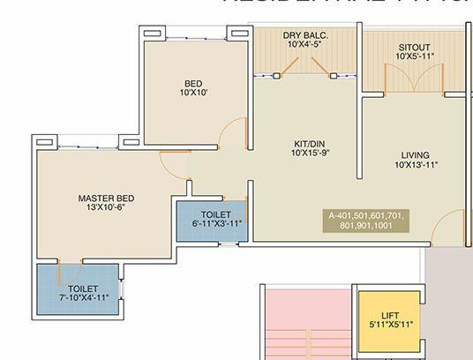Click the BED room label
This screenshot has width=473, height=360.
[x=193, y=84]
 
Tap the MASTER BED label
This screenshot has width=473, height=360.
[x=105, y=198]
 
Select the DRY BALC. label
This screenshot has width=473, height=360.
[x=305, y=35]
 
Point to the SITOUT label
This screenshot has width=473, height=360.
[x=414, y=47]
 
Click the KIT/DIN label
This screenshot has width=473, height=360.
[x=311, y=142]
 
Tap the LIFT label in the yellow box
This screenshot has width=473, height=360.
[x=390, y=315]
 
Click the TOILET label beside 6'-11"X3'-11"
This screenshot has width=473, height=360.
[x=215, y=214]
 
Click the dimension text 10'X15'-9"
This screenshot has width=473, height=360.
[x=311, y=153]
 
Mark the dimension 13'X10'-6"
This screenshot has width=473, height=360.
[x=105, y=208]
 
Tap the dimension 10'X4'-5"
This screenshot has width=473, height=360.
[x=305, y=44]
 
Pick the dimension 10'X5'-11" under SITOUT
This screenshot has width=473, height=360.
[x=414, y=56]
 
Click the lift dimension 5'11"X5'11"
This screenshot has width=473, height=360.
[x=390, y=325]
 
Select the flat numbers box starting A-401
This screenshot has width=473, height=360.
[x=367, y=221]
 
